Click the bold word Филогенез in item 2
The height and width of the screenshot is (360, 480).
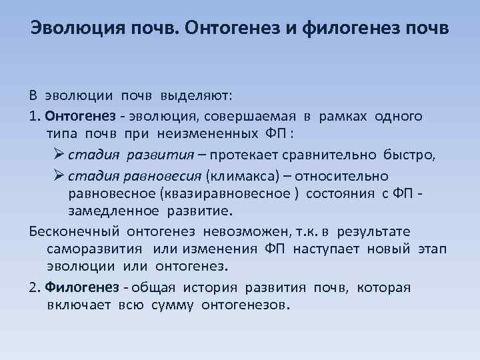coord(76,288)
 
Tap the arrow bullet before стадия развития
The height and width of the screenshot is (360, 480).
coord(58,155)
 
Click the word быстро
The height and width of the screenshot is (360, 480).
coord(409,155)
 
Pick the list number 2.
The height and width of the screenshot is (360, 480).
coord(35,288)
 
